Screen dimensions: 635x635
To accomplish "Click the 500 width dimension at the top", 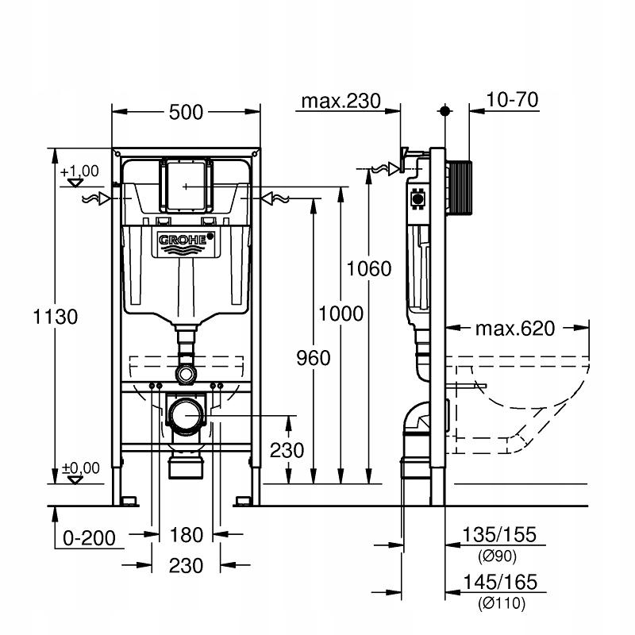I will pyautogui.click(x=187, y=114).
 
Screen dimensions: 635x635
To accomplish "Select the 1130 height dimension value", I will pyautogui.click(x=55, y=317).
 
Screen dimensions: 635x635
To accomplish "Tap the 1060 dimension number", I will pyautogui.click(x=369, y=269).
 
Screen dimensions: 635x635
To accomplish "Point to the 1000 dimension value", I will pyautogui.click(x=341, y=313).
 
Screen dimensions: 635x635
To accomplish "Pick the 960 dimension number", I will pyautogui.click(x=314, y=358).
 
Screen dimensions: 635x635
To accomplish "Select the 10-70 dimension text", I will pyautogui.click(x=513, y=99).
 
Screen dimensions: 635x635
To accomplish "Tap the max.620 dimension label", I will pyautogui.click(x=515, y=328).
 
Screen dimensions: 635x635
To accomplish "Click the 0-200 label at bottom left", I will pyautogui.click(x=90, y=538).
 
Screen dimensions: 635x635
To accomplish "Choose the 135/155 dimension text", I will pyautogui.click(x=500, y=535).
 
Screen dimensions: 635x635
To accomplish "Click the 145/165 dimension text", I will pyautogui.click(x=500, y=583).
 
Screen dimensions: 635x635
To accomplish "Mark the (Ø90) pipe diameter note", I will pyautogui.click(x=499, y=555).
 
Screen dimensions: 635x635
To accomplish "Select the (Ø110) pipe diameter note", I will pyautogui.click(x=499, y=602).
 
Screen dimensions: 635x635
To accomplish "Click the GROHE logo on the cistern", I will pyautogui.click(x=186, y=240).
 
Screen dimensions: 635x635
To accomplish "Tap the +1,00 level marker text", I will pyautogui.click(x=79, y=171).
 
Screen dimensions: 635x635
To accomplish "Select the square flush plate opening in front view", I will pyautogui.click(x=187, y=184).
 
